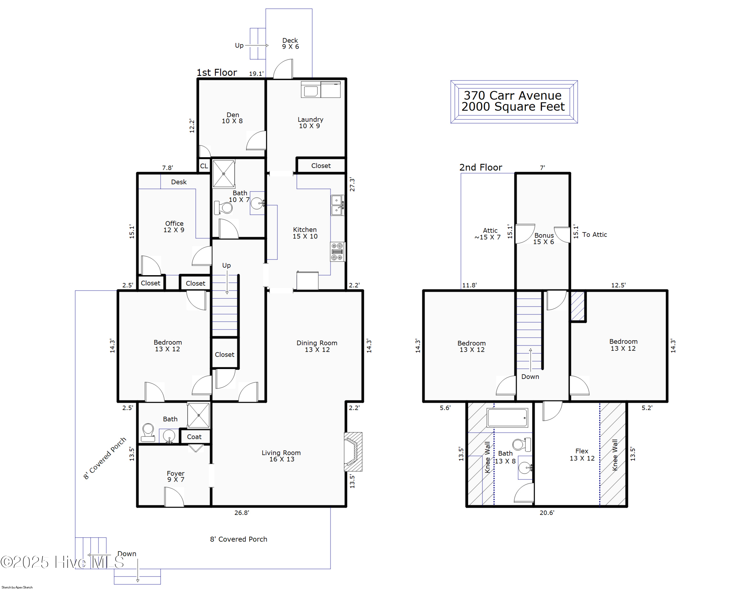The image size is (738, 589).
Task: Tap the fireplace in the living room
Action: pyautogui.click(x=353, y=452)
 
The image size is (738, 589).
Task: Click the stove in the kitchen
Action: pyautogui.click(x=337, y=252)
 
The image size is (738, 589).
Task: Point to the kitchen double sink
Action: pyautogui.click(x=337, y=205)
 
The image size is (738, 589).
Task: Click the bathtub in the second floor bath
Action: pyautogui.click(x=507, y=418)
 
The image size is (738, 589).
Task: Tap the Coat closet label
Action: pyautogui.click(x=194, y=437)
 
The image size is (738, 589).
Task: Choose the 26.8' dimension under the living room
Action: pyautogui.click(x=242, y=513)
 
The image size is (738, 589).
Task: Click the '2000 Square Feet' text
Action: pyautogui.click(x=513, y=107)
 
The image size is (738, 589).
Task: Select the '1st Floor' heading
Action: pyautogui.click(x=217, y=73)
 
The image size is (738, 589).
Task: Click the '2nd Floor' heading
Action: pyautogui.click(x=481, y=167)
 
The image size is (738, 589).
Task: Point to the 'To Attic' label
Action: pyautogui.click(x=595, y=235)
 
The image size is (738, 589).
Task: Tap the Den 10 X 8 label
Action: pyautogui.click(x=232, y=118)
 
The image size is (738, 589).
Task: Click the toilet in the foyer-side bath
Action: pyautogui.click(x=148, y=432)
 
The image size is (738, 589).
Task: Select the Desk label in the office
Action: pyautogui.click(x=179, y=182)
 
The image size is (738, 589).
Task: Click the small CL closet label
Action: pyautogui.click(x=204, y=166)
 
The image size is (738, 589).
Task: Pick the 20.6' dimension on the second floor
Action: pyautogui.click(x=547, y=513)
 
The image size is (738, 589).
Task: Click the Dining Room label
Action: pyautogui.click(x=317, y=346)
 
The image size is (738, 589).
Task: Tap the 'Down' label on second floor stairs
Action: pyautogui.click(x=530, y=376)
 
